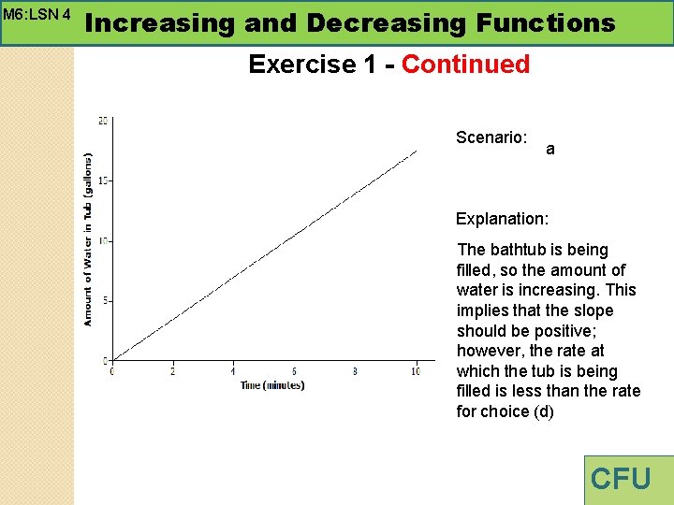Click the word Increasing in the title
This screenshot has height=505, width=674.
click(x=159, y=22)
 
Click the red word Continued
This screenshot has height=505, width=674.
click(x=465, y=65)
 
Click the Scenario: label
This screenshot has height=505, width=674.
click(x=491, y=137)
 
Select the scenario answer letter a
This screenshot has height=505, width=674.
click(x=549, y=149)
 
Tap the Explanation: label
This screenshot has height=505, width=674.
click(x=502, y=219)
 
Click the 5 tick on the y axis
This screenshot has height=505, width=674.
click(x=107, y=300)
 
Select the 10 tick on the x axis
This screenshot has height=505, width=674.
click(x=416, y=372)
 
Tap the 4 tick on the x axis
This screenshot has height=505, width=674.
click(x=233, y=372)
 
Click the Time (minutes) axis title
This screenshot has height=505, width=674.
click(x=271, y=385)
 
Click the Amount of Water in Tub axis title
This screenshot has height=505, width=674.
click(x=88, y=238)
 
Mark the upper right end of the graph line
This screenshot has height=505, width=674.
click(x=417, y=151)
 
